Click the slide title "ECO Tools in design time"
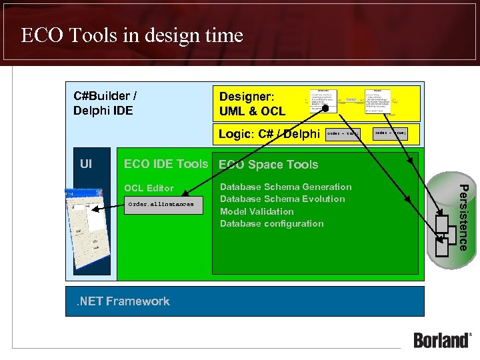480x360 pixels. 132,35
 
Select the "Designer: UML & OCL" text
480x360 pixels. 252,104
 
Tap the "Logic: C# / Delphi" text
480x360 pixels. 269,133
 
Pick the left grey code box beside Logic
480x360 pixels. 344,133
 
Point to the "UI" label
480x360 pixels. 86,163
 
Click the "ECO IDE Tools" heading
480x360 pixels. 166,164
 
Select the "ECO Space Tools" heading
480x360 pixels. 269,165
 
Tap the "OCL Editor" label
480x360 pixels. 149,188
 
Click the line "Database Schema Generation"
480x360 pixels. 285,187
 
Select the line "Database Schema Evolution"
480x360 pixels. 282,199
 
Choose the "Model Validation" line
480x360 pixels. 257,211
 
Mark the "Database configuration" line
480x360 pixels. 271,223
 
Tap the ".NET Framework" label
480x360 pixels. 123,301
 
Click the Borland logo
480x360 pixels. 442,339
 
